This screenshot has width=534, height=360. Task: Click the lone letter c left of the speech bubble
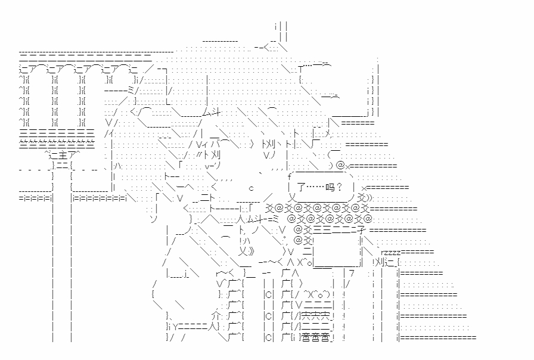pyautogui.click(x=252, y=188)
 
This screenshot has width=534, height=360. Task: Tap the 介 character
pyautogui.click(x=216, y=315)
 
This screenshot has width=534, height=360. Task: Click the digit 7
pyautogui.click(x=352, y=274)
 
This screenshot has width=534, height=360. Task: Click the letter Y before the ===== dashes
pyautogui.click(x=177, y=327)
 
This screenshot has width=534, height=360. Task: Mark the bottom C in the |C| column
pyautogui.click(x=268, y=338)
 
